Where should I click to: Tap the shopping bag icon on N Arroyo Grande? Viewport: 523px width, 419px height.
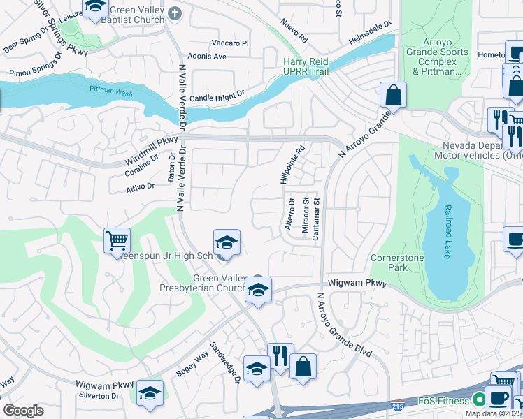[394, 96]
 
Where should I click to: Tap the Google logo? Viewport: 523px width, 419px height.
[23, 410]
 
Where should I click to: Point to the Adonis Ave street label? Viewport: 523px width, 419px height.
[206, 56]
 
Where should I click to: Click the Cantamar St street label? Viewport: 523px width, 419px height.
[317, 219]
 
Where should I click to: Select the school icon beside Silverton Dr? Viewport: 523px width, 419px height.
[150, 394]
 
